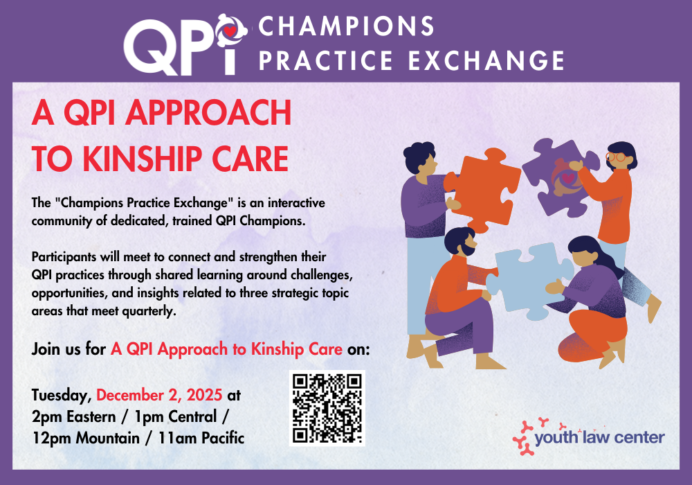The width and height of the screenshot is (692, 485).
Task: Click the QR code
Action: [x=327, y=408]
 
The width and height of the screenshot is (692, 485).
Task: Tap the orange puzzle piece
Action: [x=482, y=190]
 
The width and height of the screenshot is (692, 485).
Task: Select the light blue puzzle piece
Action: [x=529, y=279]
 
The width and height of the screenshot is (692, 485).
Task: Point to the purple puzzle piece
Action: [x=561, y=177]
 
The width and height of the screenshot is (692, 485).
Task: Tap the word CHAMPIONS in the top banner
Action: [x=347, y=26]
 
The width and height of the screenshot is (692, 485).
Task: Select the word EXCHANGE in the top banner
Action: [x=486, y=60]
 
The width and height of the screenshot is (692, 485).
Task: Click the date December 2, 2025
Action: [x=159, y=395]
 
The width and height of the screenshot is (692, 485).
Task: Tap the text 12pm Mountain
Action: [x=86, y=438]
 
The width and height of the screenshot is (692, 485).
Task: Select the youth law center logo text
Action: [x=599, y=437]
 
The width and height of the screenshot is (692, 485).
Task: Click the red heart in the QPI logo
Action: [x=230, y=31]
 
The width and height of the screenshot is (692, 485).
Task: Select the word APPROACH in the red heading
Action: [x=208, y=113]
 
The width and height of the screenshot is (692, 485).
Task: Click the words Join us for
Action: [x=69, y=349]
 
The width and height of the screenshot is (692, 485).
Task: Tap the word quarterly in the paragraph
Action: [x=149, y=311]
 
